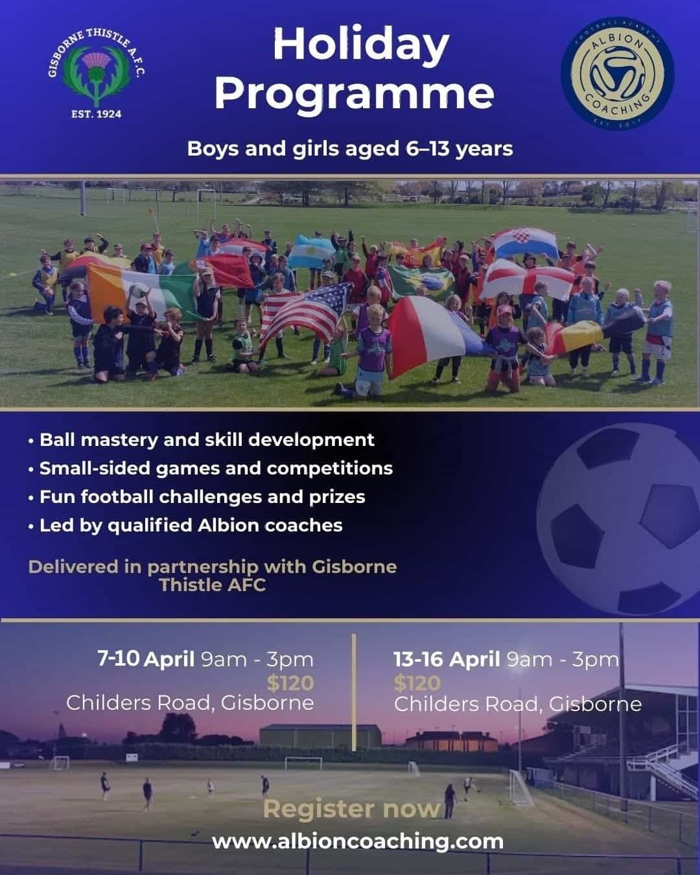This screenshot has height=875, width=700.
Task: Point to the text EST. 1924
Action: tap(97, 114)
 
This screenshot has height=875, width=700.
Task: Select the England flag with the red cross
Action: tap(529, 279)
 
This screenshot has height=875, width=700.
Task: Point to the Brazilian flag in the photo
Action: tap(422, 281)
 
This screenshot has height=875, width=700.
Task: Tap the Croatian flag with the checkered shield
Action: tap(526, 242)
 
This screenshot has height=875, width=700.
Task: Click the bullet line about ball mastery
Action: tap(202, 439)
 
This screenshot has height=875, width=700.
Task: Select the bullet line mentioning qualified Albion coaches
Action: tap(185, 526)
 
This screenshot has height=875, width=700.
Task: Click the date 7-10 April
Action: tap(146, 659)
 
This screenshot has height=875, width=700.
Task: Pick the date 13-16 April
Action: tap(447, 659)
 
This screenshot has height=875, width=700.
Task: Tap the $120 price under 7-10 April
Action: tap(290, 683)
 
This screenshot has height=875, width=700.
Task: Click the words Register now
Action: tap(352, 809)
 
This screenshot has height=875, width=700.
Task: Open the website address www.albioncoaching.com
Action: tap(358, 841)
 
